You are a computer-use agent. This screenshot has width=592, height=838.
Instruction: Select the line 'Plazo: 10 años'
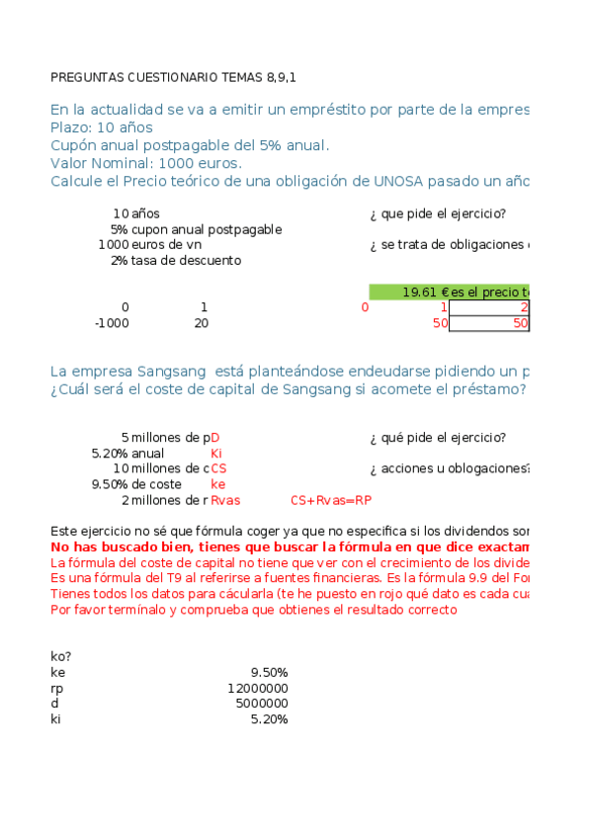click(x=101, y=127)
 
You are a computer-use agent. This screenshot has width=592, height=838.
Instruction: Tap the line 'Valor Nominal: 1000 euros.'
click(x=145, y=163)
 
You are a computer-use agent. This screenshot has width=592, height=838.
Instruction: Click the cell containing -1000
click(x=111, y=323)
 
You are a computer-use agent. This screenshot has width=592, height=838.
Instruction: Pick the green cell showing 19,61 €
click(x=426, y=292)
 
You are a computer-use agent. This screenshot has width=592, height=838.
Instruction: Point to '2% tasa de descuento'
click(x=175, y=260)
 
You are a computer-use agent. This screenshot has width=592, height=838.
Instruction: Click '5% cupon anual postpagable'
click(x=196, y=229)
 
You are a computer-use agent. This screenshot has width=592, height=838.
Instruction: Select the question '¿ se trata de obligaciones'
click(x=450, y=245)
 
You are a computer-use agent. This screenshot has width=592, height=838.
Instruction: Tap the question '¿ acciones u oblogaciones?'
click(x=450, y=468)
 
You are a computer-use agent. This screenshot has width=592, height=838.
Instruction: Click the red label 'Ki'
click(x=216, y=454)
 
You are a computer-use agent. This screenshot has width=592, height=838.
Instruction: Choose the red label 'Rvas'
click(x=225, y=500)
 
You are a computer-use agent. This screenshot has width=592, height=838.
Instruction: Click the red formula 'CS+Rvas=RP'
click(x=331, y=500)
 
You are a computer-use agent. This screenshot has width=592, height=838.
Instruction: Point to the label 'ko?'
click(x=60, y=656)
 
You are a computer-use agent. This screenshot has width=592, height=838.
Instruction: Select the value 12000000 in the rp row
click(x=257, y=688)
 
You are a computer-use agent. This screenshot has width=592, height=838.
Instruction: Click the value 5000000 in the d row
click(x=261, y=704)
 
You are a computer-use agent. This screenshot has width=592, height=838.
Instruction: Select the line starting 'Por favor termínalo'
click(x=253, y=610)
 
